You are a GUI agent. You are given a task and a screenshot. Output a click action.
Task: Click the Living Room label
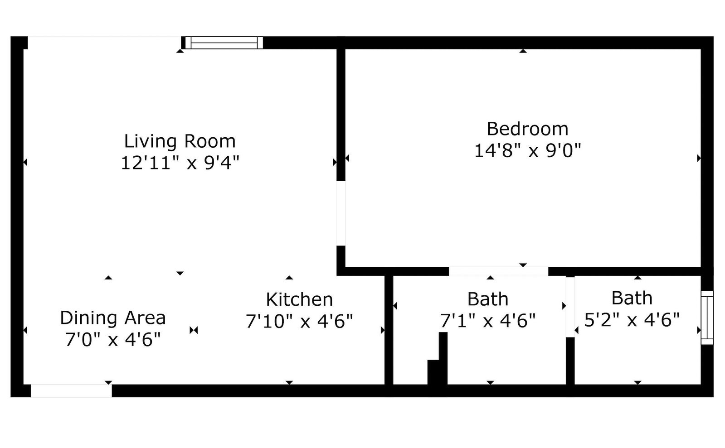tap(180, 141)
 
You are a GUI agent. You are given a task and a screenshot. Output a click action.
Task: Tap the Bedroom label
tap(528, 129)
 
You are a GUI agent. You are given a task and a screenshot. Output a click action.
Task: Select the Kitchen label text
tap(299, 299)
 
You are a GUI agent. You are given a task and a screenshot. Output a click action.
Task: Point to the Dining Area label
tap(113, 318)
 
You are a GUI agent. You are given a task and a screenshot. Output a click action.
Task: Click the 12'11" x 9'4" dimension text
tap(180, 162)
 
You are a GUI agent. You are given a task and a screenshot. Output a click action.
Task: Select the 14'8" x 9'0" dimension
tap(528, 151)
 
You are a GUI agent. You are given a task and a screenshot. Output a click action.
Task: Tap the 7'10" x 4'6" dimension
tap(299, 321)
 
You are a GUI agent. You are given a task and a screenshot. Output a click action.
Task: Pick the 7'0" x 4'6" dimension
tap(113, 340)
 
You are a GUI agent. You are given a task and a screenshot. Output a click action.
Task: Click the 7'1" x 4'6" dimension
tap(488, 321)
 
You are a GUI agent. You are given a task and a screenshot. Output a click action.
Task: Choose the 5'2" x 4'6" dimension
tap(632, 320)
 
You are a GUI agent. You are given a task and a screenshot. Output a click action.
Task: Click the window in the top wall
tap(224, 43)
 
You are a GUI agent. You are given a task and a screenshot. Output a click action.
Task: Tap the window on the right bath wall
tap(707, 318)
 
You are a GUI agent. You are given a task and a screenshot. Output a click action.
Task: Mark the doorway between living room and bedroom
tap(341, 213)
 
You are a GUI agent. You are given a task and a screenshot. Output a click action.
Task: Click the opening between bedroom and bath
tap(498, 271)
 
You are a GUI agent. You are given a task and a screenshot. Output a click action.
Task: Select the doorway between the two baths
tap(570, 307)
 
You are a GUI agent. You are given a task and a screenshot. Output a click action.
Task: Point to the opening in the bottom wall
tap(71, 391)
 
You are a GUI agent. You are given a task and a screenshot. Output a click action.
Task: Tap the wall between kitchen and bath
tap(389, 330)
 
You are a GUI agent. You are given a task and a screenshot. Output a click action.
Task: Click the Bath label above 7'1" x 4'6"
tap(488, 299)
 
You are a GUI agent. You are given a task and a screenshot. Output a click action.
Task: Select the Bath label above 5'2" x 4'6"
tap(632, 298)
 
